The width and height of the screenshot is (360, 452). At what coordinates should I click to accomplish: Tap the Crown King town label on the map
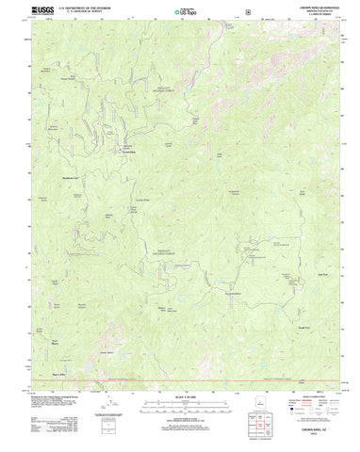coord(128,152)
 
